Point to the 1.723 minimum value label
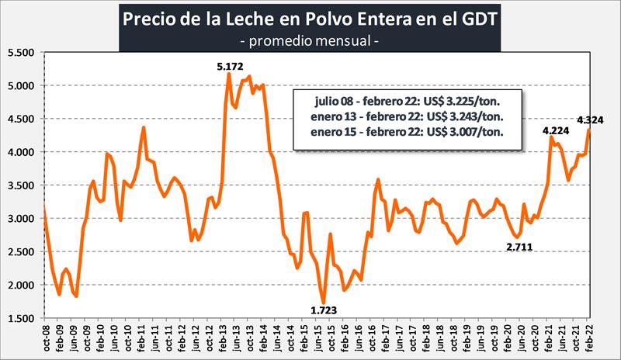pyautogui.click(x=324, y=312)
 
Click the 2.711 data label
pyautogui.click(x=520, y=247)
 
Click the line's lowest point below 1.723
pyautogui.click(x=324, y=303)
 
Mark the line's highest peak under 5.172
pyautogui.click(x=229, y=73)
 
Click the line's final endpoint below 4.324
pyautogui.click(x=589, y=130)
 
